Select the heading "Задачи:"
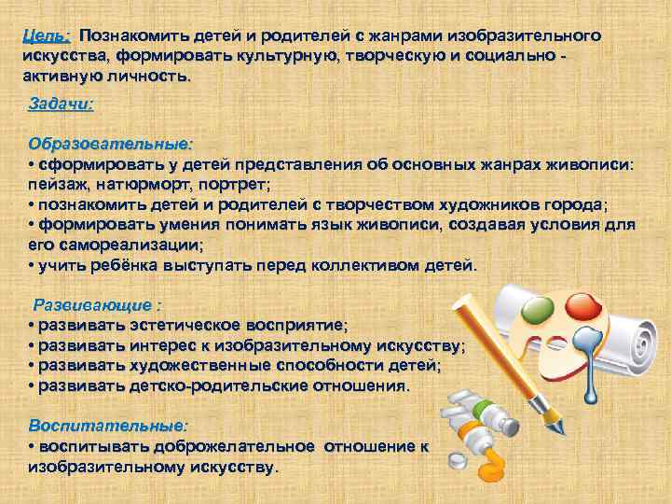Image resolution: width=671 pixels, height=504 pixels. [62, 104]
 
